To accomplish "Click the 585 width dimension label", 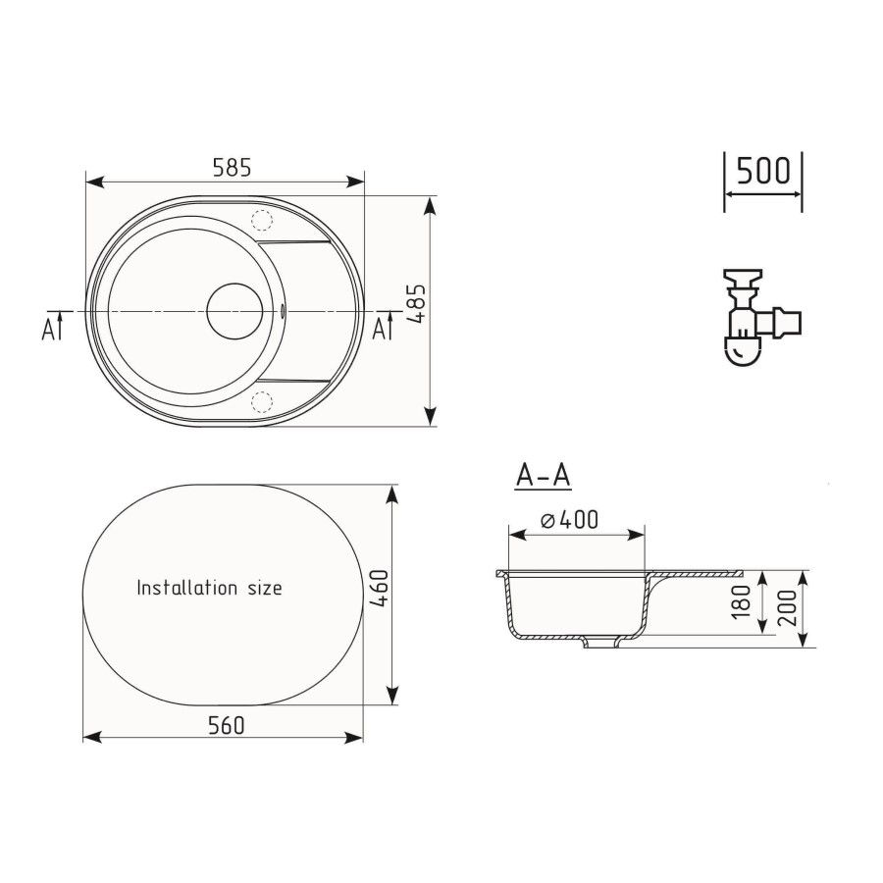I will click(x=233, y=167).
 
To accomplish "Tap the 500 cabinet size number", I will click(x=762, y=171).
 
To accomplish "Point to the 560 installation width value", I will click(x=226, y=725).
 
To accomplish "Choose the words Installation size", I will click(x=209, y=589).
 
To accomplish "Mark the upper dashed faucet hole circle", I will click(x=262, y=220).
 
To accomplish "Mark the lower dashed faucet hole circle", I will click(x=262, y=399).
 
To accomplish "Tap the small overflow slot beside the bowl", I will click(x=285, y=312).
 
